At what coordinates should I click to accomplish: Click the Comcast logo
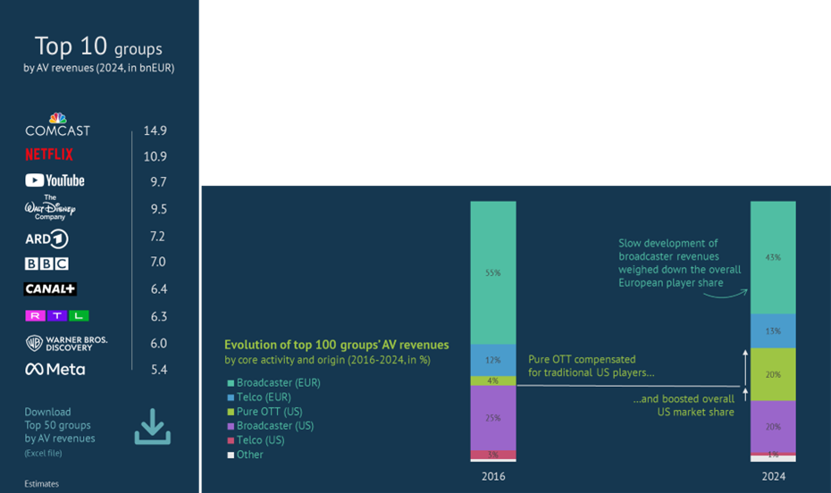[57, 126]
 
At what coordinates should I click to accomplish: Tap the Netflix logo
[49, 155]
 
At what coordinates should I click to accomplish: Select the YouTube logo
[55, 180]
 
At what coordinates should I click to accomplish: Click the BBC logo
[46, 263]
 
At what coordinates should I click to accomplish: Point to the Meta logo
[55, 369]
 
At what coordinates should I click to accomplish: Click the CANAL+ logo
[50, 289]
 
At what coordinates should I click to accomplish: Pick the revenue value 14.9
[155, 130]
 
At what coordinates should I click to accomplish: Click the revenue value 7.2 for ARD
[155, 237]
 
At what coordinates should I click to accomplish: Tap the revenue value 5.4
[155, 369]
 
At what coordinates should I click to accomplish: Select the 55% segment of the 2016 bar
[493, 272]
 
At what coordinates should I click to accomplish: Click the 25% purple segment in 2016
[493, 417]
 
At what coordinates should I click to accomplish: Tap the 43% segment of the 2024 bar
[773, 257]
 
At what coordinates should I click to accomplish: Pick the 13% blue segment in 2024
[773, 330]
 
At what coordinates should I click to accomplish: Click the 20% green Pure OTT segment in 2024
[773, 374]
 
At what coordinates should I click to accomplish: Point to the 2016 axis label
[493, 476]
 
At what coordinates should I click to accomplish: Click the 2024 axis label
[773, 476]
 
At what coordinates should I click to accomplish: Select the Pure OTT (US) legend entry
[268, 412]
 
